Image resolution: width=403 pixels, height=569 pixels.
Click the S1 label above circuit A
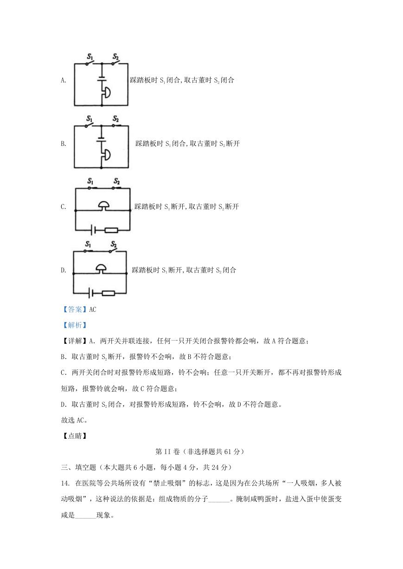(x=90, y=56)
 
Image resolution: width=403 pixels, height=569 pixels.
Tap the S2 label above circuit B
(x=115, y=119)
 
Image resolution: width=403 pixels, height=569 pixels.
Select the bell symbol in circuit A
(x=106, y=92)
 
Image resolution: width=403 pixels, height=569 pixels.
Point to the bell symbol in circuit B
(x=106, y=155)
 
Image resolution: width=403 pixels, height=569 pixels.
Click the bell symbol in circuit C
(x=104, y=206)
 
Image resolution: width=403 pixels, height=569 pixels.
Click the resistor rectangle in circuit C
(x=111, y=230)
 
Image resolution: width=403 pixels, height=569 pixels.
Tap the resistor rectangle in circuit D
(x=109, y=293)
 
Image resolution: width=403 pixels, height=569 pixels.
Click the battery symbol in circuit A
(x=102, y=79)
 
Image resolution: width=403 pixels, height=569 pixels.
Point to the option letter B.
(x=64, y=144)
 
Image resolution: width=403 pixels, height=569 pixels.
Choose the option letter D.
(x=64, y=270)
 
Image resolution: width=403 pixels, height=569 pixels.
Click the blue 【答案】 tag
(x=75, y=310)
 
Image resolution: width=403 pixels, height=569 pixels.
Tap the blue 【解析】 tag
(x=75, y=325)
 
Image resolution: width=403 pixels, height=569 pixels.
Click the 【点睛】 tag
(x=75, y=436)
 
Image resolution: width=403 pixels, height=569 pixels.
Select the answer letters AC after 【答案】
(x=93, y=310)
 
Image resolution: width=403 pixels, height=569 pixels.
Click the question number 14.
(x=65, y=483)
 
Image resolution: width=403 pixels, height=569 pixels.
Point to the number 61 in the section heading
(x=228, y=452)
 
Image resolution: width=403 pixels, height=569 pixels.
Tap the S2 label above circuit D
(x=114, y=244)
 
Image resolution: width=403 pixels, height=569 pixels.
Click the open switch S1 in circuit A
(x=90, y=63)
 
